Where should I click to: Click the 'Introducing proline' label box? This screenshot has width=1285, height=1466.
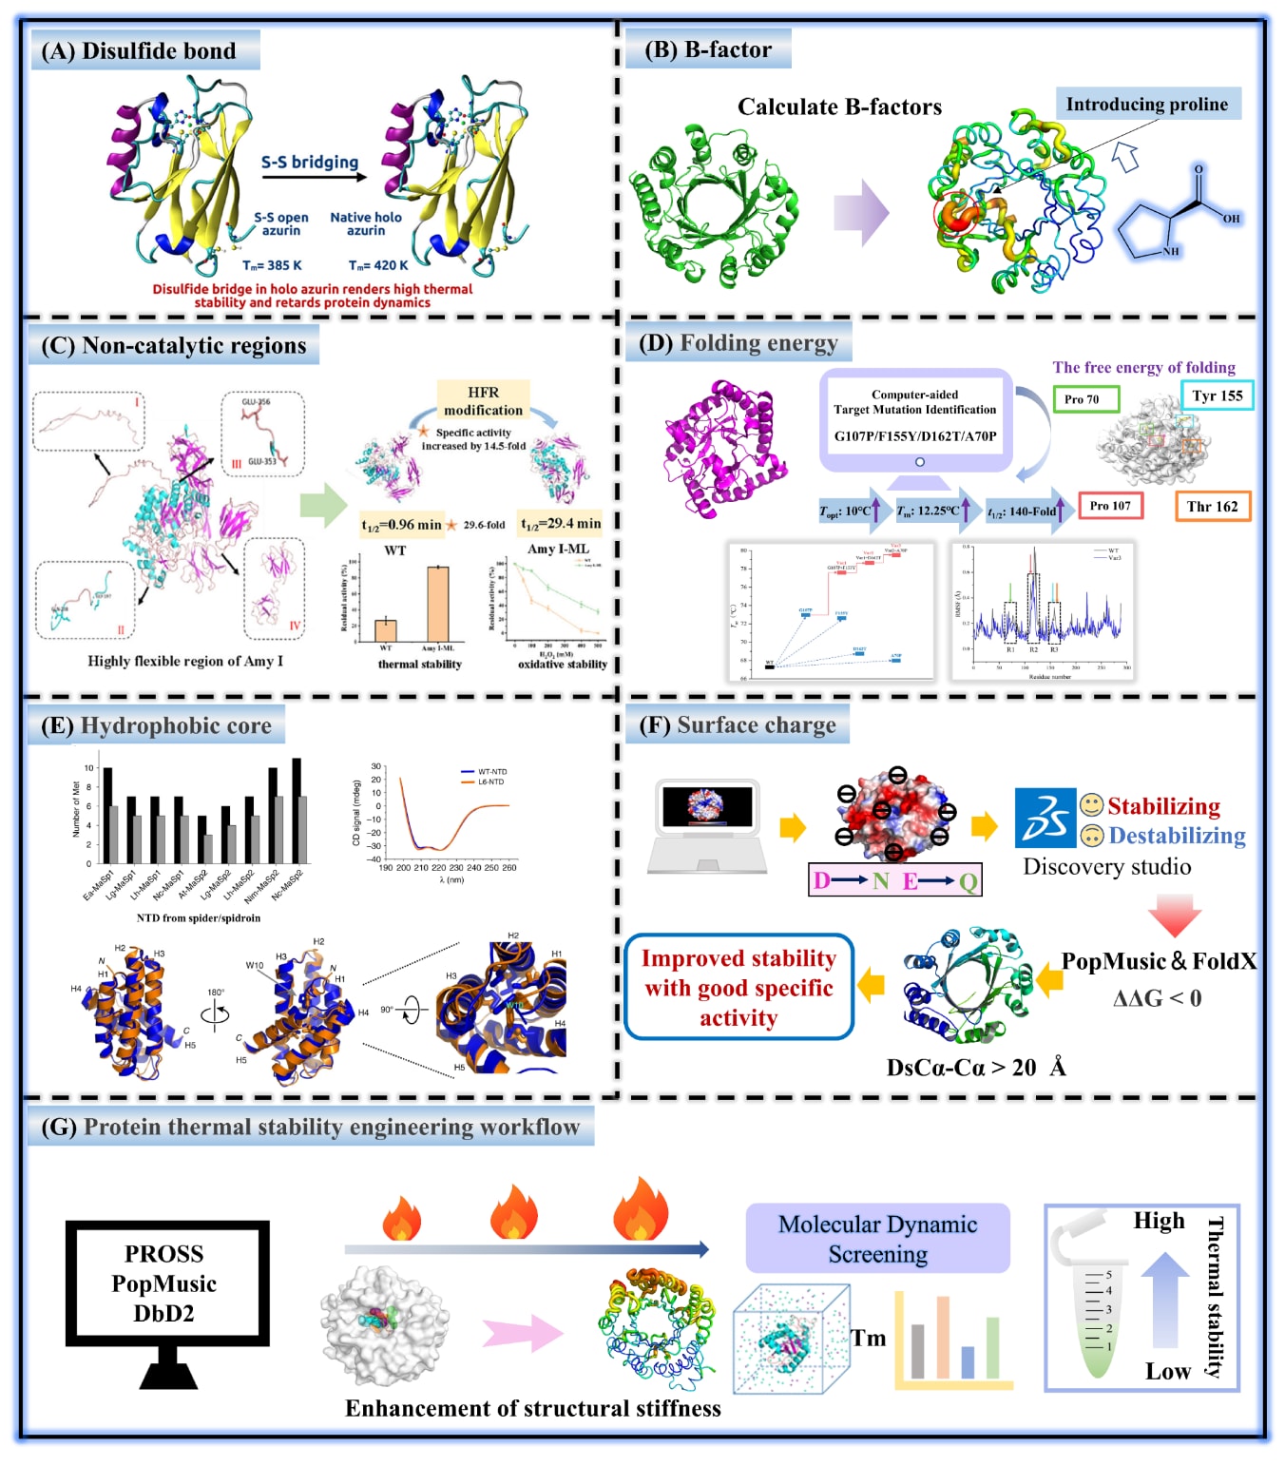pos(1147,104)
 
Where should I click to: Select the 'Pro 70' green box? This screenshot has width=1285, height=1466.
pos(1085,398)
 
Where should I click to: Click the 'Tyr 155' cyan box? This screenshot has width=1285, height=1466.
pos(1217,395)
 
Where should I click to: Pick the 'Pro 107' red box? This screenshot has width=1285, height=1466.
pos(1110,506)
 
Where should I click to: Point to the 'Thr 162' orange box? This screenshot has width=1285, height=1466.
pos(1212,506)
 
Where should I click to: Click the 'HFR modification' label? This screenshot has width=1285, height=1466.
pos(483,401)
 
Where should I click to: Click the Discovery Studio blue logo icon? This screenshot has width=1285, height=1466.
pos(1045,817)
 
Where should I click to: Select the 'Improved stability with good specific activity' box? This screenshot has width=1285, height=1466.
pos(738,988)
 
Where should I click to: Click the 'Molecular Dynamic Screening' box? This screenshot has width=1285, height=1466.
pos(877,1238)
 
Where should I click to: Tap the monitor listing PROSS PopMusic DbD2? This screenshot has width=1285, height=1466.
pos(166,1283)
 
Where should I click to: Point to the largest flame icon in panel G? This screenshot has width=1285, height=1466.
pos(640,1209)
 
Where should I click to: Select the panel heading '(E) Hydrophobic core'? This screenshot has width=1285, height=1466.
pos(156,725)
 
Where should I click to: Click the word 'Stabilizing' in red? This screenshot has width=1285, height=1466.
pos(1163,806)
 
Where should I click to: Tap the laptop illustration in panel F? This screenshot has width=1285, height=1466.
pos(707,825)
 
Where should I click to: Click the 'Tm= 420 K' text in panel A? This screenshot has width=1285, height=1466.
pos(378,265)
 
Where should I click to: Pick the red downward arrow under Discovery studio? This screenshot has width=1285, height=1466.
pos(1175,915)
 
